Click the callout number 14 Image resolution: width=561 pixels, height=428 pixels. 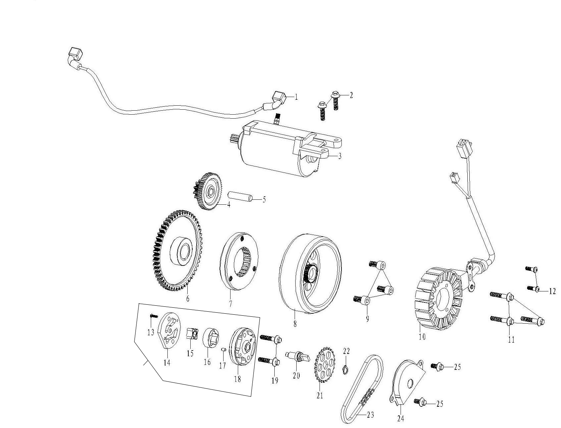click(167, 363)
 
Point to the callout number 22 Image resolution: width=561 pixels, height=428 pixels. click(346, 351)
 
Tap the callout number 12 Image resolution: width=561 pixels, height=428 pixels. click(552, 291)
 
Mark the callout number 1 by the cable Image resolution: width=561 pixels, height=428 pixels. click(296, 97)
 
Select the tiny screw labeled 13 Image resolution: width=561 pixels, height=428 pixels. click(153, 316)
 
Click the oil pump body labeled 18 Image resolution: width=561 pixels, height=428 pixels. click(242, 347)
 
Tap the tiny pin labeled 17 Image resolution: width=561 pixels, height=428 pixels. click(224, 350)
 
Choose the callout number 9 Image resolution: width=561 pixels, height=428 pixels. click(367, 319)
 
